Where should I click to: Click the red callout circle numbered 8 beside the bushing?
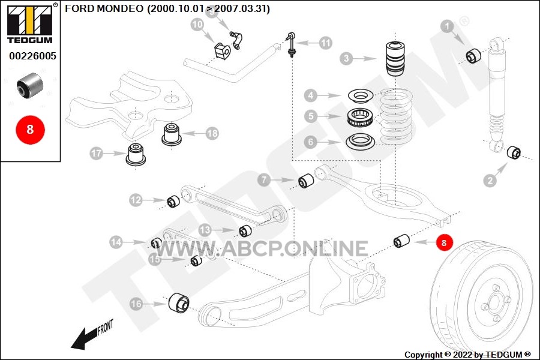coord(444,243)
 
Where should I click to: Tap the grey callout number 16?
coord(136,304)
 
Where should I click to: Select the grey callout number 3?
coord(346,58)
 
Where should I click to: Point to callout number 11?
coord(325,43)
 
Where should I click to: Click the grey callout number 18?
coord(212,134)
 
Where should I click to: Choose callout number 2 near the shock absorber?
coord(490,179)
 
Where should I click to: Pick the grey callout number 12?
coord(136,199)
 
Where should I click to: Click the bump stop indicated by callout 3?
coord(394,58)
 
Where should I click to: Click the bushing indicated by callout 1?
coord(474,56)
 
